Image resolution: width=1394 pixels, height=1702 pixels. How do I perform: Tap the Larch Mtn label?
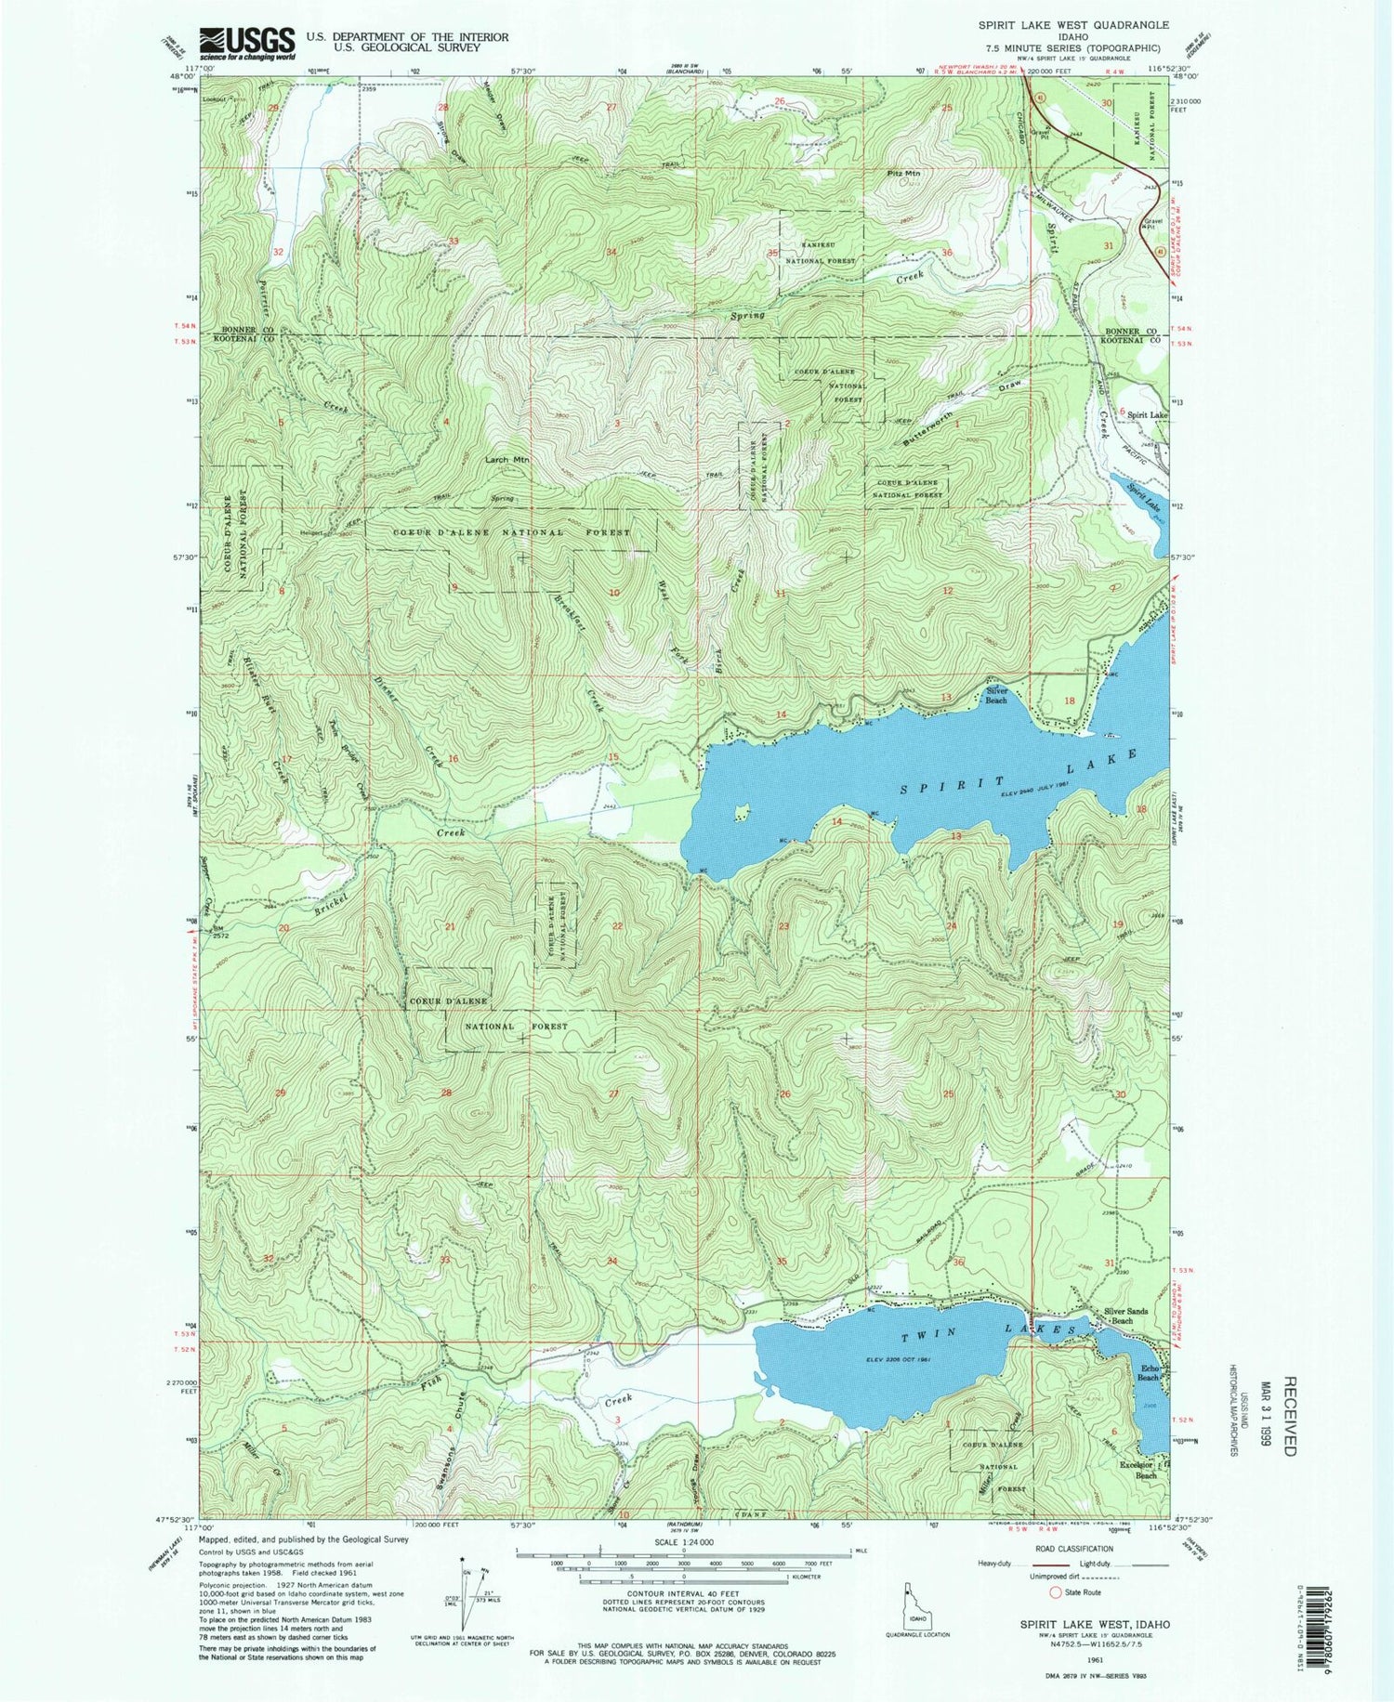tap(506, 459)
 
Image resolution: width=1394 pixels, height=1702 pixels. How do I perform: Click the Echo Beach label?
tap(1149, 1373)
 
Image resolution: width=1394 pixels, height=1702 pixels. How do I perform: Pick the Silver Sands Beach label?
tap(1126, 1316)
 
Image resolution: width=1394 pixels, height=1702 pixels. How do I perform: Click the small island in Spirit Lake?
tap(742, 814)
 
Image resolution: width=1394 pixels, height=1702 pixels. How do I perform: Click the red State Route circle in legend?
tap(1056, 1591)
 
